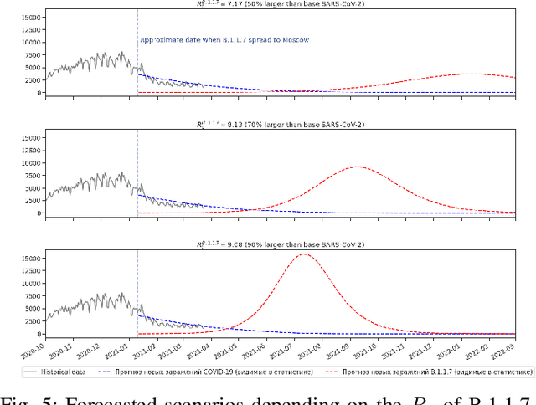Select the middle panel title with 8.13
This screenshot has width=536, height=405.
click(x=280, y=125)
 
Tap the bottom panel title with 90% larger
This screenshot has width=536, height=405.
click(x=280, y=245)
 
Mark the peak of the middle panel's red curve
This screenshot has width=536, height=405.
click(x=358, y=167)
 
